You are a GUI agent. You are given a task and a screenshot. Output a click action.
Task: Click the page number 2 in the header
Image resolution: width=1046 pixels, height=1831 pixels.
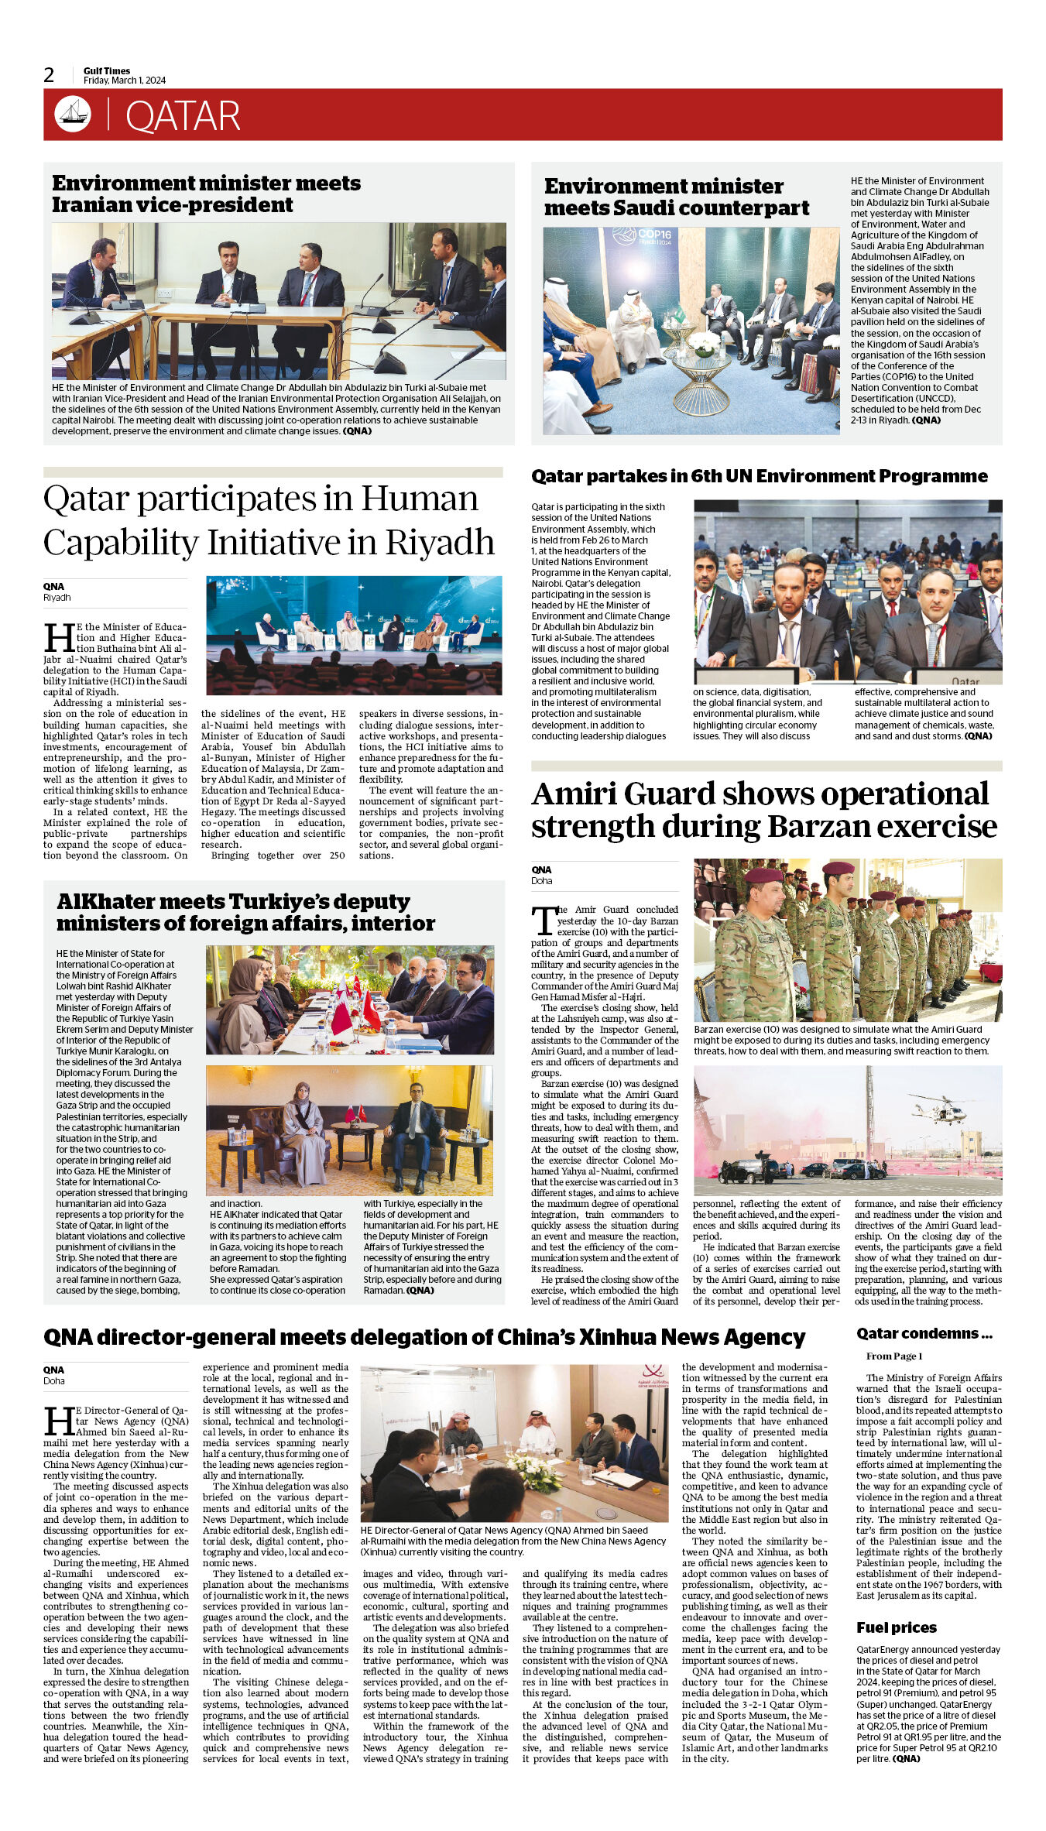point(49,75)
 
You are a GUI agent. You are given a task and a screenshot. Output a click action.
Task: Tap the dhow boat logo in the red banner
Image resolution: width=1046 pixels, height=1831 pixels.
point(73,115)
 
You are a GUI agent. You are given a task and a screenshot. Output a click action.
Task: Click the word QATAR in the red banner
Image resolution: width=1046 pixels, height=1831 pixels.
point(183,116)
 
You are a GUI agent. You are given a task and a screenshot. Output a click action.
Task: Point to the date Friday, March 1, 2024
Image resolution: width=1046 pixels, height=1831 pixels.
point(125,81)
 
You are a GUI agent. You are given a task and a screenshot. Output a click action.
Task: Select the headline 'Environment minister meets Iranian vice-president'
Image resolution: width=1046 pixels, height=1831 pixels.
point(206,194)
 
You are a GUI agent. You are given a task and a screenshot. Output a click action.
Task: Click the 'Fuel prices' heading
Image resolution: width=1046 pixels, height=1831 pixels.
point(896,1627)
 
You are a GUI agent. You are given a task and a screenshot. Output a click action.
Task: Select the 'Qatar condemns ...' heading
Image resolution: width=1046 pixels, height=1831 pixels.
point(924,1333)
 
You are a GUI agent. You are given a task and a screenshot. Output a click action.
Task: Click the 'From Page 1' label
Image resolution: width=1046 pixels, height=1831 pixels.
point(893,1356)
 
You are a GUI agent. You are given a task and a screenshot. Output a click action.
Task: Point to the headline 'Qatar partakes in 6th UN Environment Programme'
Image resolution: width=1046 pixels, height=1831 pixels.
point(759,476)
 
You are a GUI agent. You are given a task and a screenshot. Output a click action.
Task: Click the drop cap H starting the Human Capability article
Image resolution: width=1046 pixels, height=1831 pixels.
point(59,638)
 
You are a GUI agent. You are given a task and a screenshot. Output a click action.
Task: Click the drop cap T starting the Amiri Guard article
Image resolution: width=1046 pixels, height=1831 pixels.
point(543,921)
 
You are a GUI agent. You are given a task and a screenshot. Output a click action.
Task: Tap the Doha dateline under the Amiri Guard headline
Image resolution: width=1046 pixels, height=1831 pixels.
point(541,880)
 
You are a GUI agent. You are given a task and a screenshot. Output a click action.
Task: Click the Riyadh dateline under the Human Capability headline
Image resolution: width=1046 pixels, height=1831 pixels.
point(57,598)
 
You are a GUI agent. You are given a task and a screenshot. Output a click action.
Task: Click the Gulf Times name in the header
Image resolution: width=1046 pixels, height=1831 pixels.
point(107,70)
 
